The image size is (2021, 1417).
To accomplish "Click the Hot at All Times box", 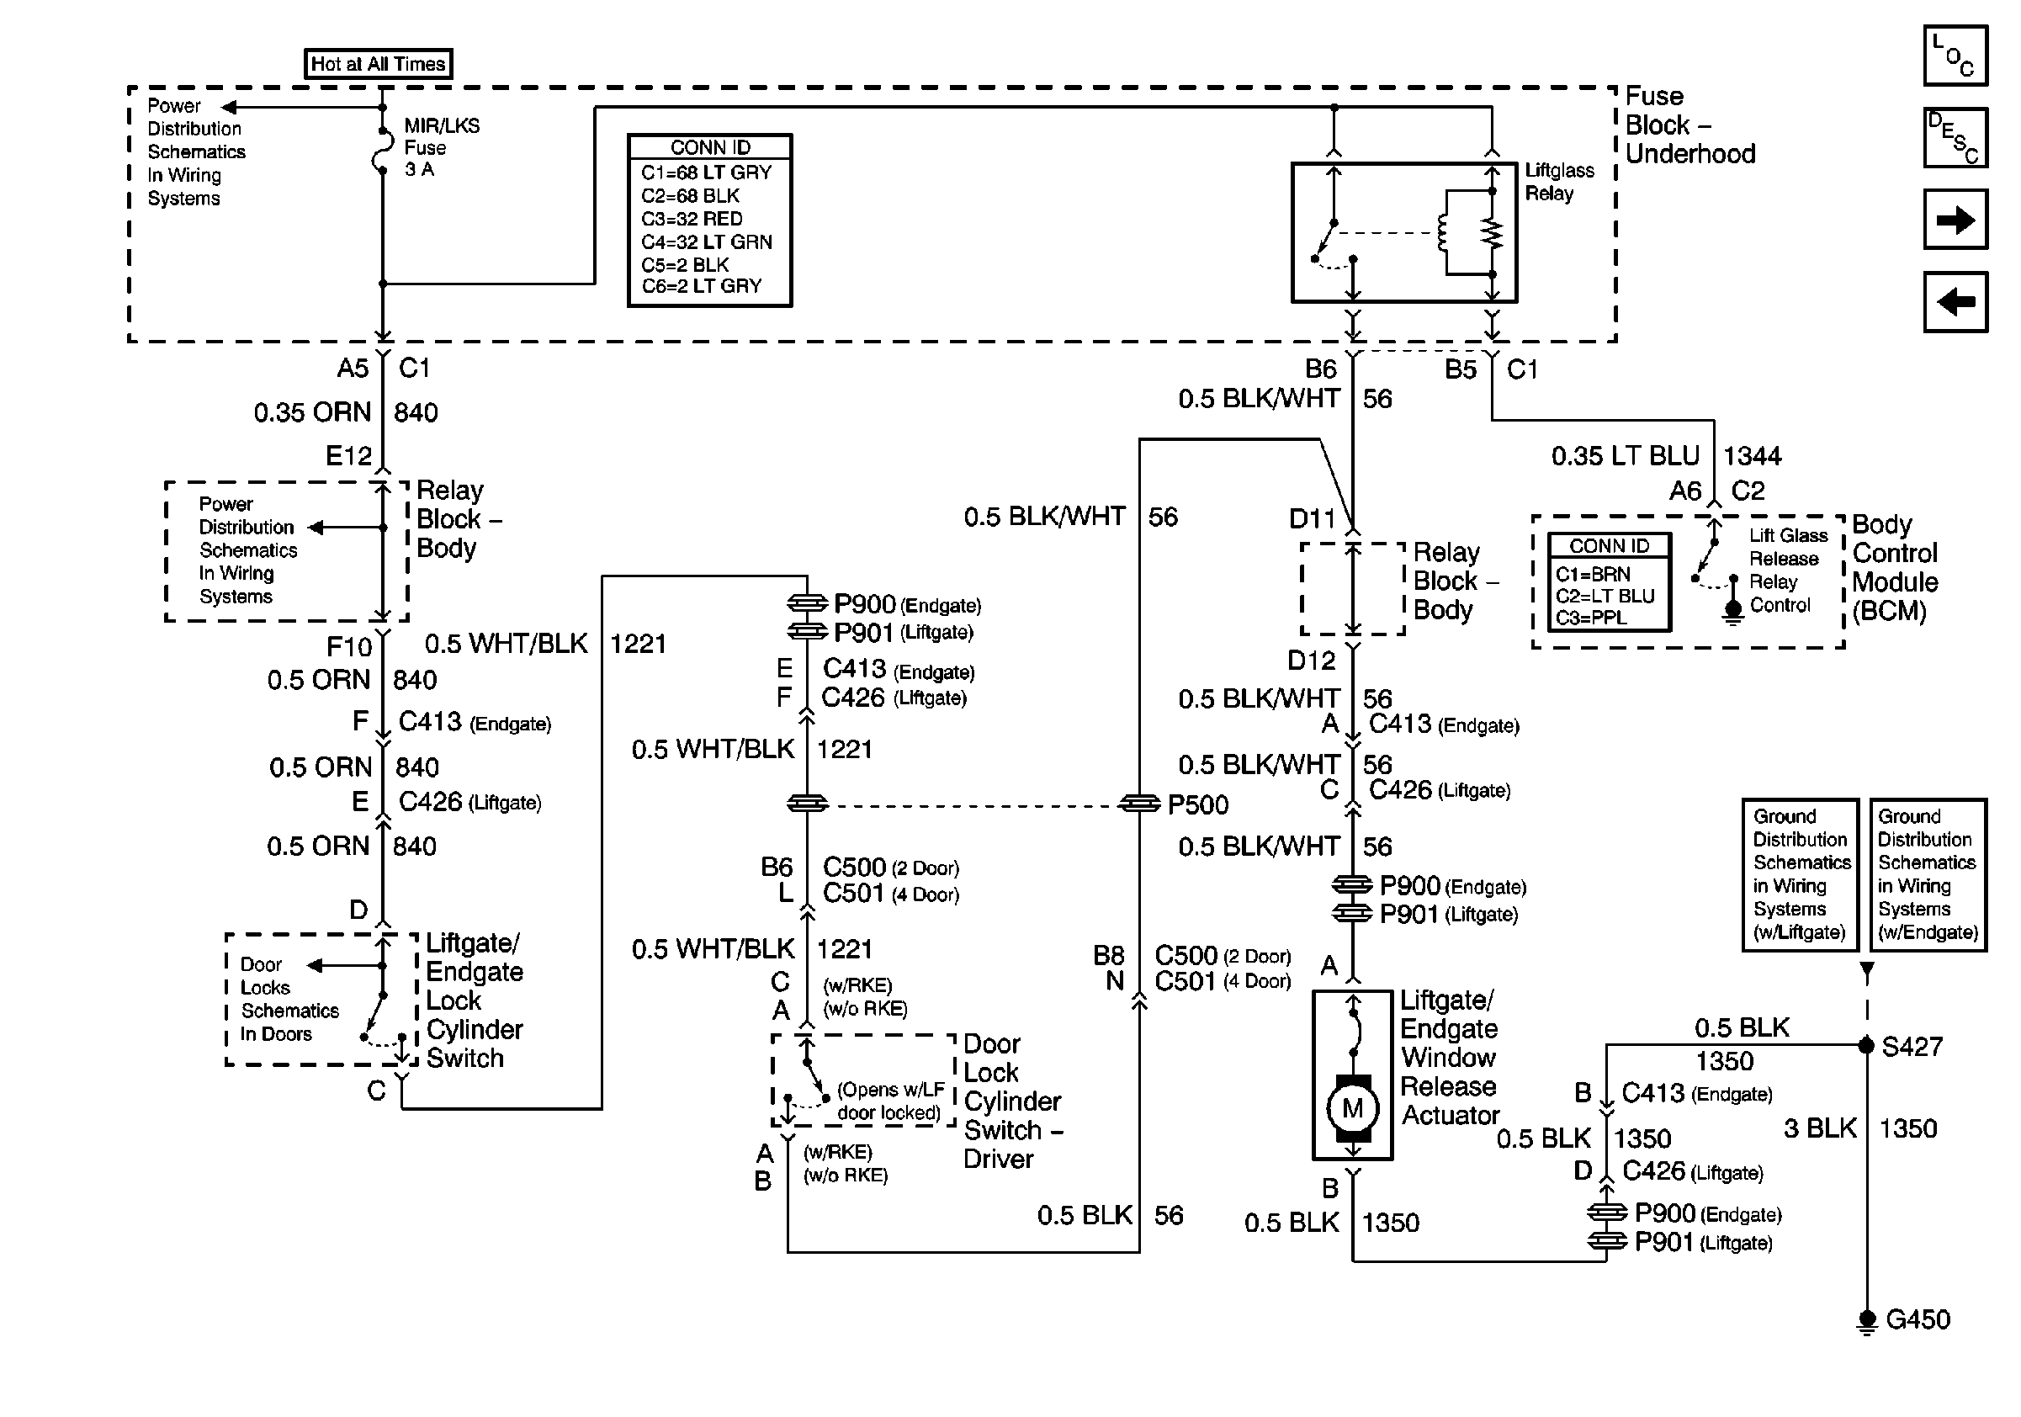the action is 379,64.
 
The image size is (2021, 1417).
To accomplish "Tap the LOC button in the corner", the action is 1955,56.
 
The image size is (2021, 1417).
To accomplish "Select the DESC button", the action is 1955,137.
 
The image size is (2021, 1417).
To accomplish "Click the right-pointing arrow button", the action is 1955,219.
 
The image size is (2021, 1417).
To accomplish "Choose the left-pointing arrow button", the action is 1955,302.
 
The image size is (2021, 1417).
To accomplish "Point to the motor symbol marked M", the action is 1353,1109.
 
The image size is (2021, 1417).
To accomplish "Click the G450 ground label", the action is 1918,1319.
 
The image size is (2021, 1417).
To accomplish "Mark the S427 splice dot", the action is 1866,1046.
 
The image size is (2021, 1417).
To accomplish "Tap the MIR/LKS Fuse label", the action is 442,147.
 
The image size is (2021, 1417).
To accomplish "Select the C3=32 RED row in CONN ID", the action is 692,218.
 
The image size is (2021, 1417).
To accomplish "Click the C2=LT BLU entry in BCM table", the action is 1605,596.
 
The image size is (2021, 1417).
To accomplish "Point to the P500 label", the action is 1198,804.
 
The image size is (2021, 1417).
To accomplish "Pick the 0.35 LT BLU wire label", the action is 1625,456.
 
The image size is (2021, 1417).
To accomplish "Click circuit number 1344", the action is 1752,456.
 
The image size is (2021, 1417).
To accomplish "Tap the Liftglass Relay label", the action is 1559,183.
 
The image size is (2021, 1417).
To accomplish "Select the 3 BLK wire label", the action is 1820,1128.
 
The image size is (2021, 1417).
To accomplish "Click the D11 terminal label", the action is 1312,519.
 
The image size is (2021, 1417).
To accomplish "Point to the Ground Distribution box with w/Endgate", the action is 1928,874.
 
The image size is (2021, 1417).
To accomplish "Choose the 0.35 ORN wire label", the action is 312,413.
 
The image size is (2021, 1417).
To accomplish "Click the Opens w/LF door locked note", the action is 890,1101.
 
